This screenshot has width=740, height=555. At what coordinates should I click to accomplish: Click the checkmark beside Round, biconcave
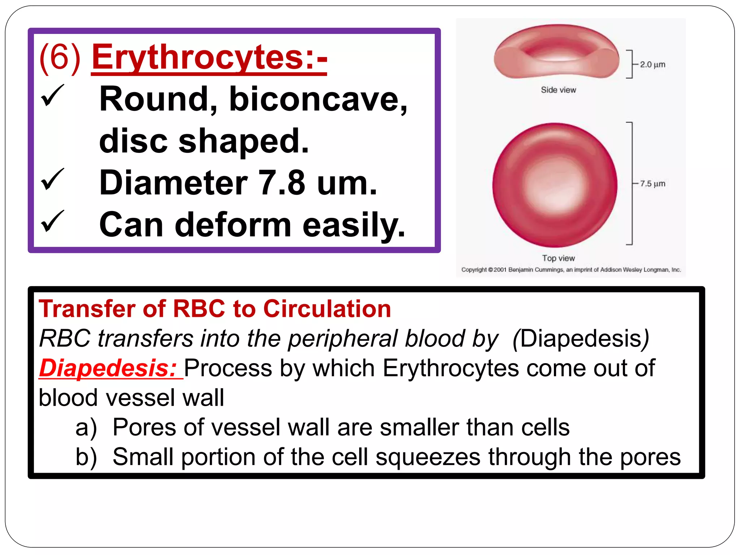point(52,96)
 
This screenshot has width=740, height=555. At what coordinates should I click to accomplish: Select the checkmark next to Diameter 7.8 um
point(52,180)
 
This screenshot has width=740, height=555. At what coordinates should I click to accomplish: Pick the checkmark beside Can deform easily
point(52,221)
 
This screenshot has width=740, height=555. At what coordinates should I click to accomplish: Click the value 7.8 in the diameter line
point(282,183)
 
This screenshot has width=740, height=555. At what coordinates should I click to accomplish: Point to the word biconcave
point(318,99)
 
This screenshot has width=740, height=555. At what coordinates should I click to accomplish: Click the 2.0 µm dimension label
point(652,65)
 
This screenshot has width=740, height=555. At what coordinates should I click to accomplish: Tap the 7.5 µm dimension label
point(652,184)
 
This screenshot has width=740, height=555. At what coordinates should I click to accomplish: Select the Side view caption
point(558,90)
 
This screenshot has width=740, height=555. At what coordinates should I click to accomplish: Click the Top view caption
point(558,258)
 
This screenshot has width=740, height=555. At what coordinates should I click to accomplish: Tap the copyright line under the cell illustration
point(571,270)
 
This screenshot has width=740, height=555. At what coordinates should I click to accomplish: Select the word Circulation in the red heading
point(327,309)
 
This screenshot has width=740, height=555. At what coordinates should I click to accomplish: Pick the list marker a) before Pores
point(86,427)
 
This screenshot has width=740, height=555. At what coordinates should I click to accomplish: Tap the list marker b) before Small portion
point(86,457)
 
